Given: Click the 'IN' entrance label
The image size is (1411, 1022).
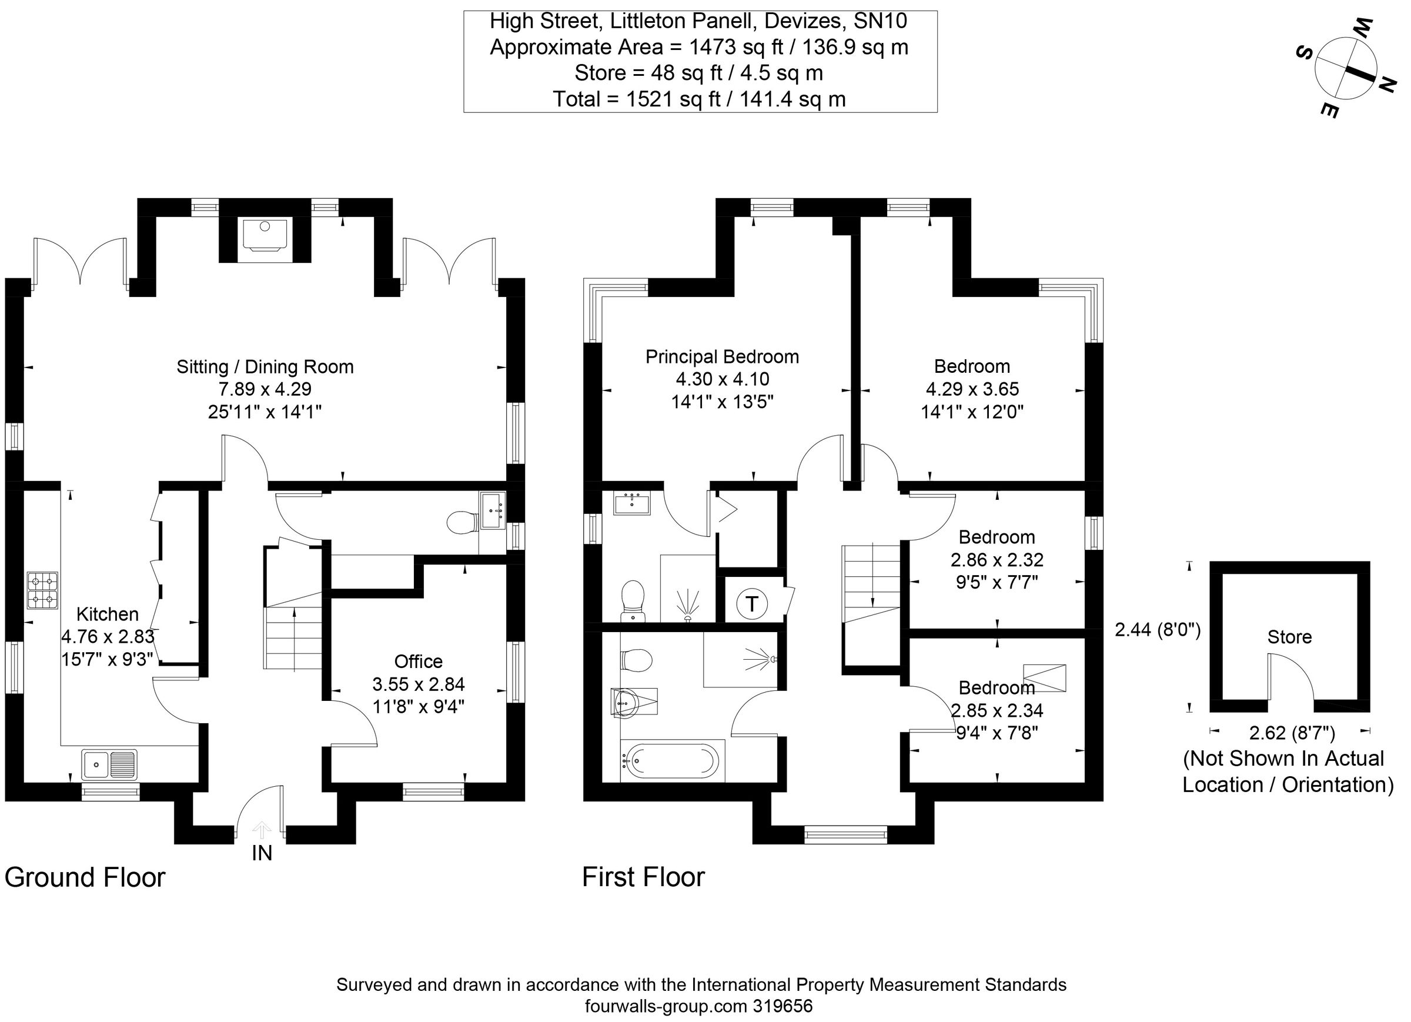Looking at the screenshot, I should (x=262, y=853).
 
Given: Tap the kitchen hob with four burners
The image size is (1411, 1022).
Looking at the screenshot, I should (x=43, y=590).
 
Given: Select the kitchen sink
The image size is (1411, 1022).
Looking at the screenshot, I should (x=109, y=764).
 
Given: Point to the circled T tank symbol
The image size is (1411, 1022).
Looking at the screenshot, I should (x=751, y=604).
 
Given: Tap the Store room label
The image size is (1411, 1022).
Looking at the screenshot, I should (x=1289, y=637).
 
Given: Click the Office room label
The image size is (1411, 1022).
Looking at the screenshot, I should (x=418, y=661).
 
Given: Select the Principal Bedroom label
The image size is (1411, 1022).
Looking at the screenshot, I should (x=722, y=357).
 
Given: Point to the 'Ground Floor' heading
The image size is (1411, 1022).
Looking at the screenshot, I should (x=85, y=877).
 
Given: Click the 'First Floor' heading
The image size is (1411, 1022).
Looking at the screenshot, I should (x=643, y=877).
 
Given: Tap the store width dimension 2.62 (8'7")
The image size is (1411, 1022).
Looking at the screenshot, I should (x=1292, y=733).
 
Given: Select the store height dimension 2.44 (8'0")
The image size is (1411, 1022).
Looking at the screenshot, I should (x=1157, y=630).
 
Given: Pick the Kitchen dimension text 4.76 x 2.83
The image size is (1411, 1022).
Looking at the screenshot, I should (x=107, y=636).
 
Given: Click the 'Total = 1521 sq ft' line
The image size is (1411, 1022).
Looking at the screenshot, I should (x=699, y=99).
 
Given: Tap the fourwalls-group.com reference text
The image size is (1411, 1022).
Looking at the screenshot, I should (x=698, y=1006).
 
